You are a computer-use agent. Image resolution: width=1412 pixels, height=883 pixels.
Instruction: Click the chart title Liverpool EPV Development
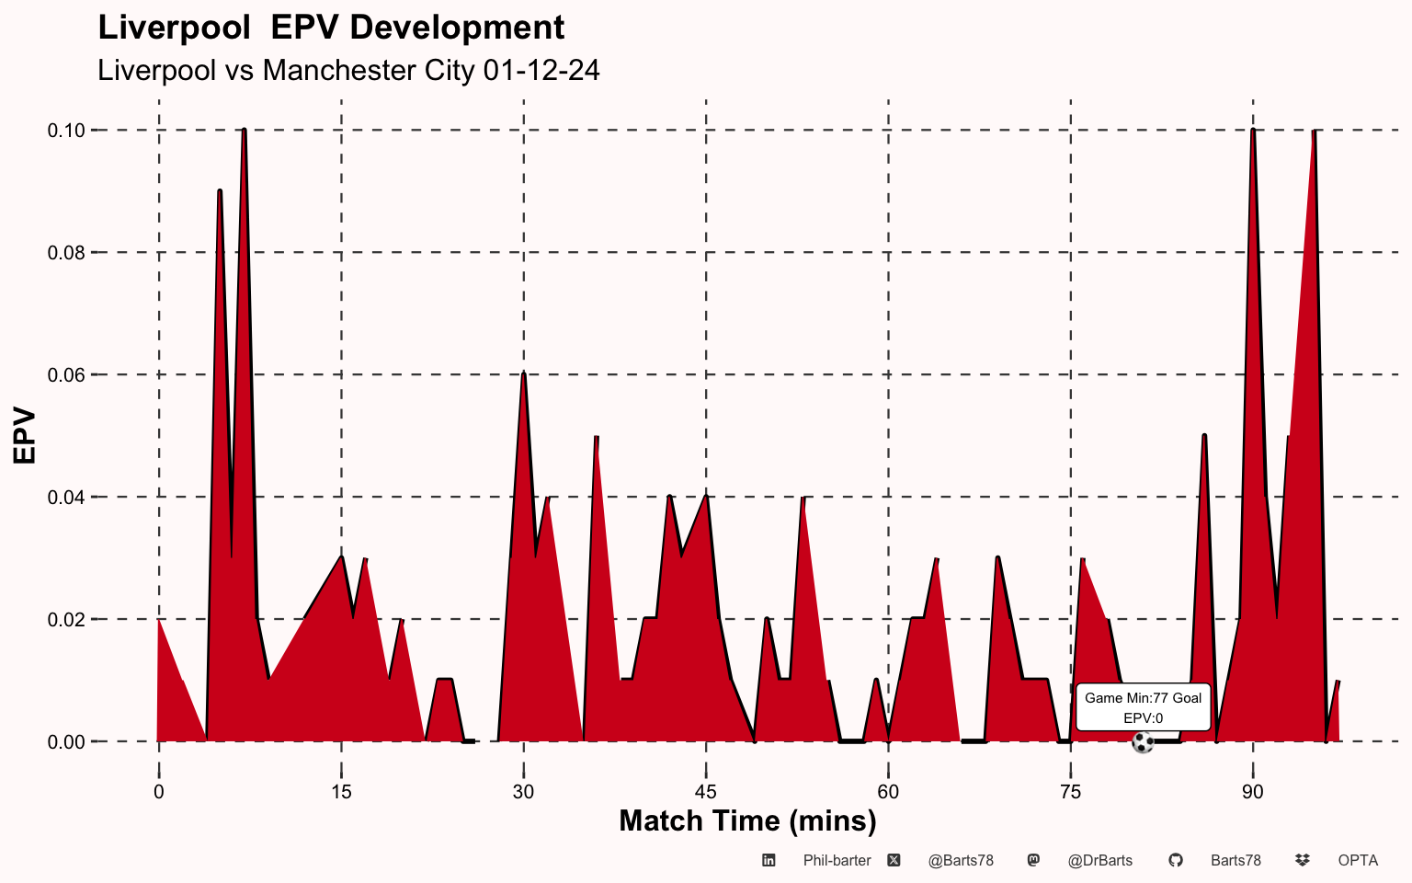[331, 29]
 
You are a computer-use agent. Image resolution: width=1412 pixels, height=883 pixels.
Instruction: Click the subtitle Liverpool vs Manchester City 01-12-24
[348, 70]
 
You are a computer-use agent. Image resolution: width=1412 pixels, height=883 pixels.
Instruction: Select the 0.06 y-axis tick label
[66, 375]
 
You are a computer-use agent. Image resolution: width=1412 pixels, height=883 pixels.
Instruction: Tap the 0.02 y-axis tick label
[66, 620]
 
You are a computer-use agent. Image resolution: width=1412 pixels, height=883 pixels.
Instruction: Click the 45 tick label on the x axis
[706, 792]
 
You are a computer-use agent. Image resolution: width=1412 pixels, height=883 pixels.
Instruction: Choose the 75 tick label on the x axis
[1070, 792]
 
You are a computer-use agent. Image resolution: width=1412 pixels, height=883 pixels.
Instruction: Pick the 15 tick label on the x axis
[341, 792]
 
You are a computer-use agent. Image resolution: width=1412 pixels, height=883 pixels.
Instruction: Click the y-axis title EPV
[24, 436]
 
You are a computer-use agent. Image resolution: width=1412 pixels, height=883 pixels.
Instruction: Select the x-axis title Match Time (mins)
[747, 821]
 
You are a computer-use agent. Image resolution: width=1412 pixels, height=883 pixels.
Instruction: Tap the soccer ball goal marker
[1143, 742]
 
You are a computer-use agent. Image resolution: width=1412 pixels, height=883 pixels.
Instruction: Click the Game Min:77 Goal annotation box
[1143, 707]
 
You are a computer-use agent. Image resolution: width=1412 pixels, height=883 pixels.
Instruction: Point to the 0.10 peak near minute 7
[244, 131]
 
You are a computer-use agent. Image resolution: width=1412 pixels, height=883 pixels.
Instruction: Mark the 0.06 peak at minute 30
[523, 374]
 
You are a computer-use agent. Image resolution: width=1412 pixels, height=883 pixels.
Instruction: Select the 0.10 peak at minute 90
[1253, 131]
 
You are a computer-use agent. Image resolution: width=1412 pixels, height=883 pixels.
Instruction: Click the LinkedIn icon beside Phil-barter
[769, 860]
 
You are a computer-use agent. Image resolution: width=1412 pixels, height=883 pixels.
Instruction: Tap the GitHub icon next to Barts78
[1176, 860]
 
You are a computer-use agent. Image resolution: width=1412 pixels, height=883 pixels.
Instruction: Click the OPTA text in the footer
[1358, 861]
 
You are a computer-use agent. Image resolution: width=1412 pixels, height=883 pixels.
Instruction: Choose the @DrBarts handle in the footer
[1100, 861]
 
